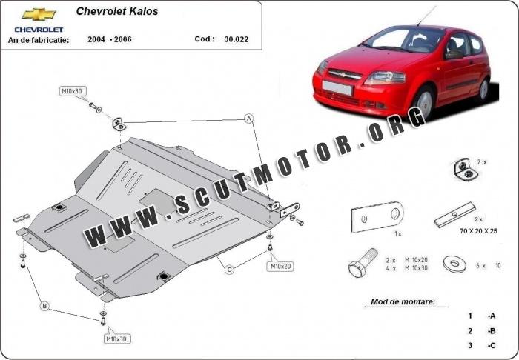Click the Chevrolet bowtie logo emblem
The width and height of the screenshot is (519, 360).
click(39, 15)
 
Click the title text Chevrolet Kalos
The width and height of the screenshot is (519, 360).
click(117, 11)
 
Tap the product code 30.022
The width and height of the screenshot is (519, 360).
click(237, 39)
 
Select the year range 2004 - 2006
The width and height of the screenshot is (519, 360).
click(110, 39)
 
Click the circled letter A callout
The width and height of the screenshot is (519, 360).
click(249, 119)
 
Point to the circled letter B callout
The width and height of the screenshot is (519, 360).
click(44, 306)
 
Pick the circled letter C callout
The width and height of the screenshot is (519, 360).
click(229, 270)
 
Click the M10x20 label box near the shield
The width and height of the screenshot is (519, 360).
click(280, 266)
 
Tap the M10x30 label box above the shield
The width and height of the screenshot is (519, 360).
click(73, 91)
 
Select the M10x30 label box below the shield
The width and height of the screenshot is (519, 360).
click(117, 339)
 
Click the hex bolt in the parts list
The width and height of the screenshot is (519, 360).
click(363, 263)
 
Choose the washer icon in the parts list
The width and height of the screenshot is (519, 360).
click(454, 264)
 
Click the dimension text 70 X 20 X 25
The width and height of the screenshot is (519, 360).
click(478, 231)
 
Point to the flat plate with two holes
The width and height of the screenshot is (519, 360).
click(377, 216)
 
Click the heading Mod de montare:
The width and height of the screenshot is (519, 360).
click(403, 301)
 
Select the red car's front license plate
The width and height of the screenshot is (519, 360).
click(337, 87)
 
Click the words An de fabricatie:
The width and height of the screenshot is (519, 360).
click(39, 40)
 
